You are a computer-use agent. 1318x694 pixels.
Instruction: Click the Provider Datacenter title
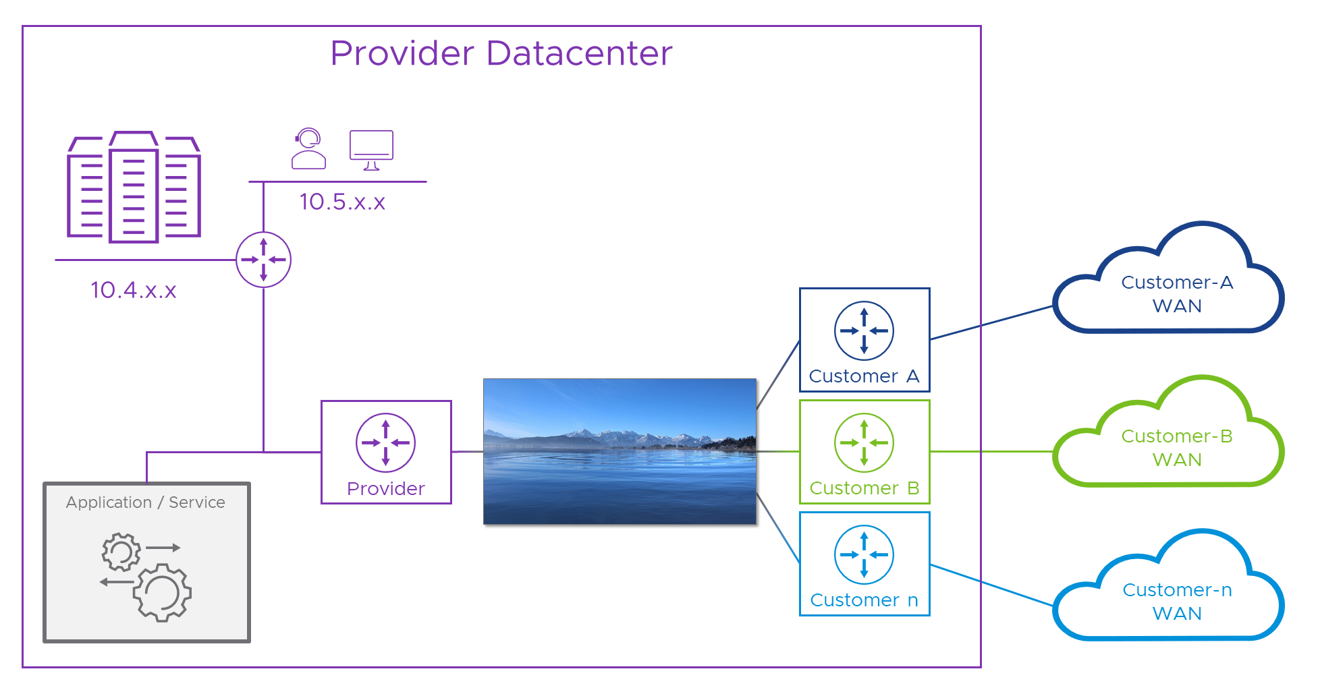pyautogui.click(x=501, y=53)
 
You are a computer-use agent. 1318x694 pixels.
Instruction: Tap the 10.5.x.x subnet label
pyautogui.click(x=342, y=202)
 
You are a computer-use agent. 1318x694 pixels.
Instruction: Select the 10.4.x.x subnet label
pyautogui.click(x=134, y=290)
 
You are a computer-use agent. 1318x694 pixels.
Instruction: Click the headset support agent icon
pyautogui.click(x=308, y=149)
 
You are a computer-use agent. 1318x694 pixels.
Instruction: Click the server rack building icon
pyautogui.click(x=134, y=187)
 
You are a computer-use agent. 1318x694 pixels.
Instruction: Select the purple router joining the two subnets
pyautogui.click(x=263, y=260)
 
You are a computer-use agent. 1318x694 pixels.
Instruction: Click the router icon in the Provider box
pyautogui.click(x=385, y=442)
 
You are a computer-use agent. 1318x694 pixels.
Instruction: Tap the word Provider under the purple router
pyautogui.click(x=385, y=488)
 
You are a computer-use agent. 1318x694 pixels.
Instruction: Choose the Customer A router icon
pyautogui.click(x=864, y=330)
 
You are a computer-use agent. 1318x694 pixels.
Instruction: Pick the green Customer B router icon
pyautogui.click(x=864, y=442)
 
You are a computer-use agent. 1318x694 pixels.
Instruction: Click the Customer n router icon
pyautogui.click(x=864, y=554)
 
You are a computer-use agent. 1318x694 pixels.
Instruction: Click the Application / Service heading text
pyautogui.click(x=146, y=502)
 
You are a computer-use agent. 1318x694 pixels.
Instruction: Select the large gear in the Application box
pyautogui.click(x=163, y=592)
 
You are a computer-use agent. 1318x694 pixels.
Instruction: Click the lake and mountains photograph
pyautogui.click(x=620, y=451)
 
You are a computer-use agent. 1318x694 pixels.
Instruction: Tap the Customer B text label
pyautogui.click(x=864, y=488)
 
